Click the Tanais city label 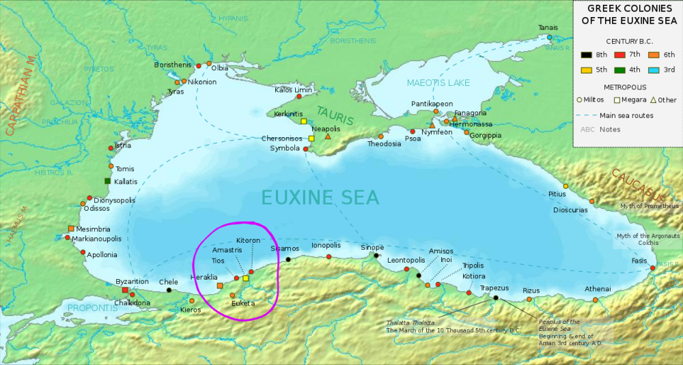click(548, 27)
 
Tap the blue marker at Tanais click(548, 37)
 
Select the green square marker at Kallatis click(107, 181)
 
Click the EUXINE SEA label click(320, 197)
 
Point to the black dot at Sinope click(376, 256)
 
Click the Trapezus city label click(494, 288)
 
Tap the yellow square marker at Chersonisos click(311, 138)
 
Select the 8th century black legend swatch click(585, 55)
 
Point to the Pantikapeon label click(432, 104)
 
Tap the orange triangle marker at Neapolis click(328, 137)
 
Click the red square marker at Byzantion click(125, 290)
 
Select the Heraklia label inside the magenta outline click(204, 278)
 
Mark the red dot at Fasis click(652, 268)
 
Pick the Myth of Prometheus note click(649, 206)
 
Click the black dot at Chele click(169, 291)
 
